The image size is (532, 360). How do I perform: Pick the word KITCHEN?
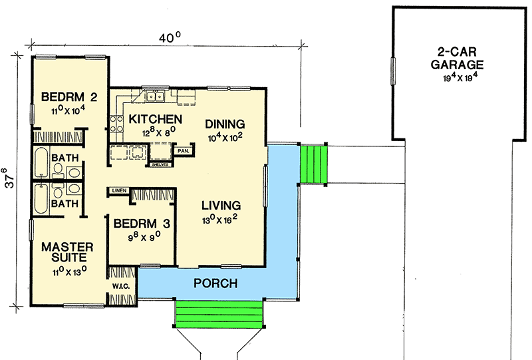tap(155, 119)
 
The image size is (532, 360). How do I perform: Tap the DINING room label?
tap(225, 124)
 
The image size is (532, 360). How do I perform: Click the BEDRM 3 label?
tap(141, 223)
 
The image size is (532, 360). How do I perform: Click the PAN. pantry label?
tap(184, 151)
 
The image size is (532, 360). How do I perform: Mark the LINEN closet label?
tap(119, 191)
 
